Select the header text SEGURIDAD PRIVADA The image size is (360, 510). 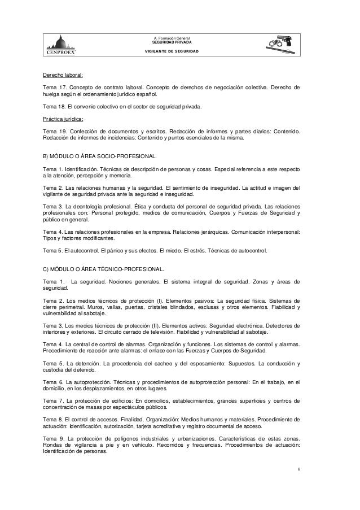172,42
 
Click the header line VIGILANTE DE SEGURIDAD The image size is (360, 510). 172,51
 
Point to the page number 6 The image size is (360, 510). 299,470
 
